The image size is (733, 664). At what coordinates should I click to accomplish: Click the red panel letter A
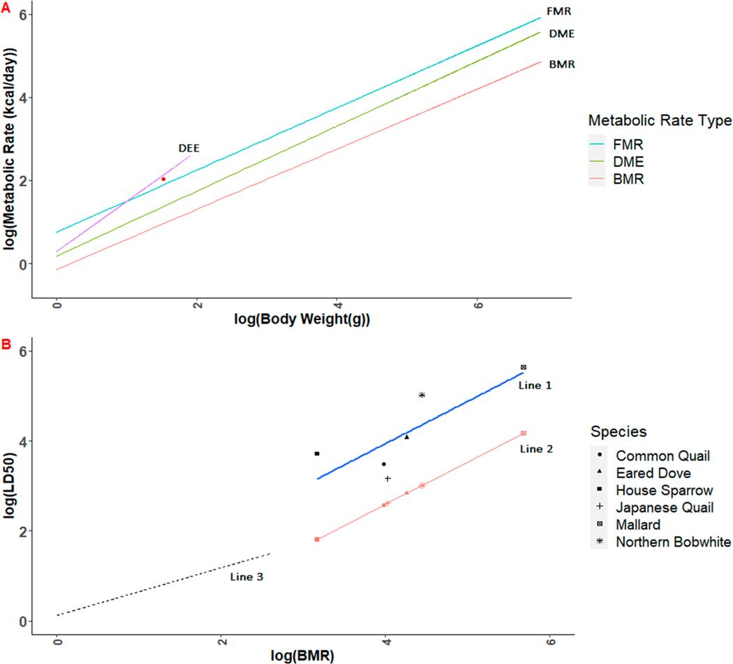tap(6, 8)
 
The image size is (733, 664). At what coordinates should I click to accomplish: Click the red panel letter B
tap(6, 345)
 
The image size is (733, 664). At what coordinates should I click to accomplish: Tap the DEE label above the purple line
tap(189, 148)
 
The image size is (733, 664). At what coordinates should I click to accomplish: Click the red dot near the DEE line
tap(163, 179)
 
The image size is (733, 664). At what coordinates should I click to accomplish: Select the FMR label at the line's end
tap(559, 11)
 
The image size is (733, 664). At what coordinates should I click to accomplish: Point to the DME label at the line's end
tap(562, 34)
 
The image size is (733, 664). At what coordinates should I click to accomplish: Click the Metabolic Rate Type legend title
tap(660, 121)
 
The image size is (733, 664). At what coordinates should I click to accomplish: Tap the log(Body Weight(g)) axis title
tap(302, 319)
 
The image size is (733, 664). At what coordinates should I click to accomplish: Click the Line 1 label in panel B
tap(535, 386)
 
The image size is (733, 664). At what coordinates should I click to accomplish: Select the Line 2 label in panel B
tap(536, 449)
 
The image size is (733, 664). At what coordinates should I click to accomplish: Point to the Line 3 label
tap(246, 577)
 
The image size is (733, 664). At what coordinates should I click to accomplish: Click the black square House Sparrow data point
tap(317, 454)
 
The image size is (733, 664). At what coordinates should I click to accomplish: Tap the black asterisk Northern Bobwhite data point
tap(422, 395)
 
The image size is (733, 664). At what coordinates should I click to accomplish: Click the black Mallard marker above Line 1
tap(524, 368)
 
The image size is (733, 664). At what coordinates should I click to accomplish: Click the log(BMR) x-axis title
tap(302, 656)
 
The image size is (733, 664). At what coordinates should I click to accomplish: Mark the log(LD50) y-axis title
tap(9, 485)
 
